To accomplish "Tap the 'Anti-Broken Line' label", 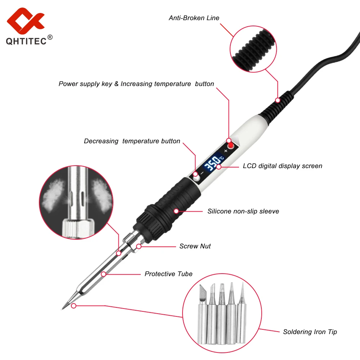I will (194, 18).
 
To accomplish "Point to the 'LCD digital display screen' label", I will (282, 166).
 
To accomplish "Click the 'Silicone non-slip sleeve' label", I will (243, 211).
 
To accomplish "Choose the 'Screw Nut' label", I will (195, 246).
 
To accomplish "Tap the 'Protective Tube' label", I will (168, 274).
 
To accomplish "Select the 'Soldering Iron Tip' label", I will (310, 332).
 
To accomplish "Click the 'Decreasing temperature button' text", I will (132, 141).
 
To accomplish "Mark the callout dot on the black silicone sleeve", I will (176, 211).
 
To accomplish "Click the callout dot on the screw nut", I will (139, 247).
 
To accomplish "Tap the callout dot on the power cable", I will (277, 99).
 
